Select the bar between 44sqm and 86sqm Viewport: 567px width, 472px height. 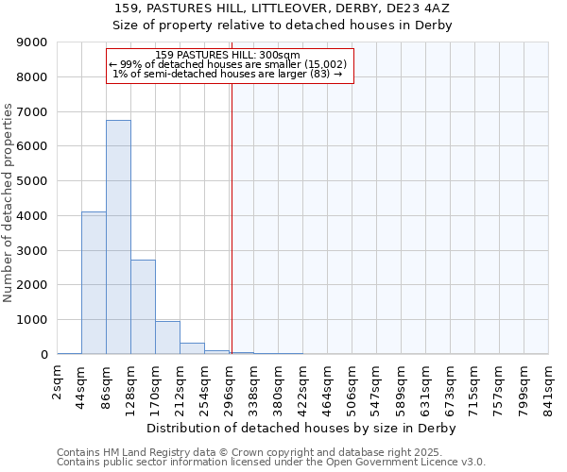pyautogui.click(x=94, y=283)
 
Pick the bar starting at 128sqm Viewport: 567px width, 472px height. pyautogui.click(x=143, y=307)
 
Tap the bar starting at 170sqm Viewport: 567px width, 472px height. pyautogui.click(x=167, y=338)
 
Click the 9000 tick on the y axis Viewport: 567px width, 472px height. pyautogui.click(x=31, y=42)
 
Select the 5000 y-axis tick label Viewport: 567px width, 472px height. pyautogui.click(x=31, y=181)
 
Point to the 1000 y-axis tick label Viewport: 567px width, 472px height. pyautogui.click(x=31, y=320)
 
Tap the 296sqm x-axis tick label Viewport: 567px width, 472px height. pyautogui.click(x=229, y=385)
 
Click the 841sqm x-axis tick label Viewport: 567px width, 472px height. pyautogui.click(x=548, y=385)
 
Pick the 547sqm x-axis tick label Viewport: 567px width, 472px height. pyautogui.click(x=376, y=385)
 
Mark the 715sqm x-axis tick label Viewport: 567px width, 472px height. pyautogui.click(x=474, y=385)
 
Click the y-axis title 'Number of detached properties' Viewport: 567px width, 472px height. pyautogui.click(x=9, y=203)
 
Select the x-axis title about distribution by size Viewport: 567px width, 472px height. pyautogui.click(x=302, y=429)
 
